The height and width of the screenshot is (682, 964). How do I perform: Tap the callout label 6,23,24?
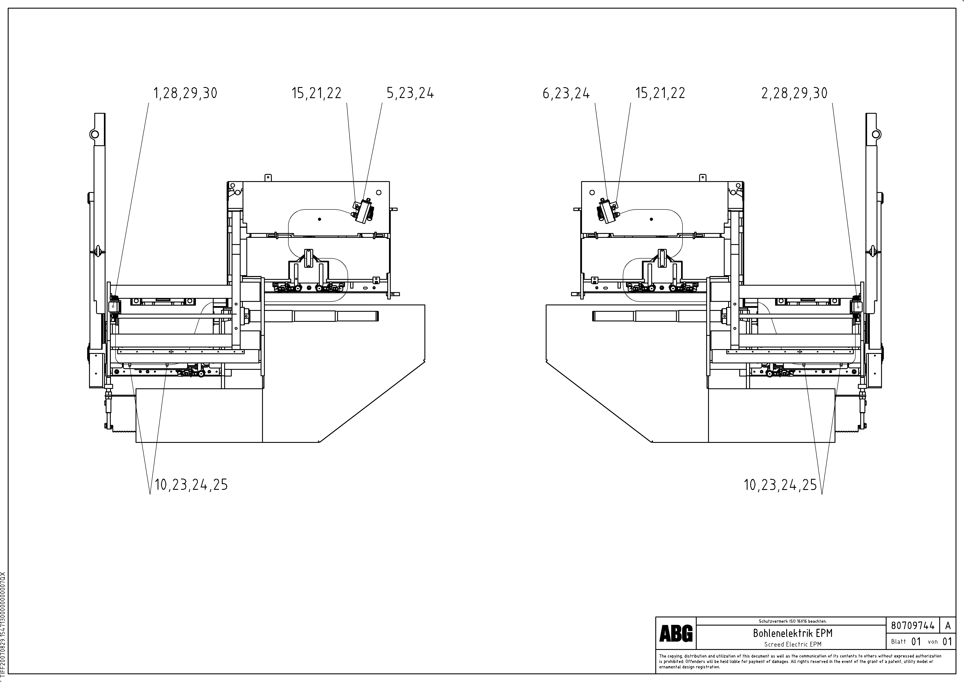[x=566, y=93]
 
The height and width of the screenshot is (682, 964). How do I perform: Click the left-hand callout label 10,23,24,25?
[x=191, y=485]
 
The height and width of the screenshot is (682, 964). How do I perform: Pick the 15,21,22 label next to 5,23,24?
[x=317, y=93]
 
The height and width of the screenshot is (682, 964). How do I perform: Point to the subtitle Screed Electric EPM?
[x=793, y=644]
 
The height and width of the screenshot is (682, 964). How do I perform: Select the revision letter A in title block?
[x=948, y=626]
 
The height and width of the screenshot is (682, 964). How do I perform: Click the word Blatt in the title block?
[x=899, y=642]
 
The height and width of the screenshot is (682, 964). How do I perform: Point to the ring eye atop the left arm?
[x=94, y=134]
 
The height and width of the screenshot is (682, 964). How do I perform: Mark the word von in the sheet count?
[x=933, y=642]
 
